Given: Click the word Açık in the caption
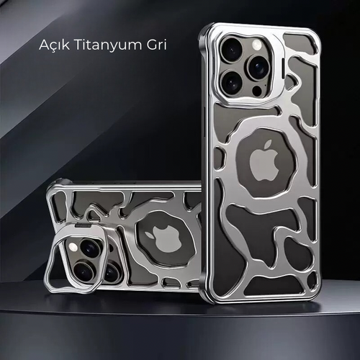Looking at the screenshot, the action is pos(54,45).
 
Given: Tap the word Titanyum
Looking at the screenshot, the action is pos(109,45).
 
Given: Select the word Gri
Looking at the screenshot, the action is pos(157,45).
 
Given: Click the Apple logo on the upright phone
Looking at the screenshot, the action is pos(264,161).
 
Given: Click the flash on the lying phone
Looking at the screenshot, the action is pos(73,246).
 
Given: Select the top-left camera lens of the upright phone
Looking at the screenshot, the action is pos(232,50).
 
